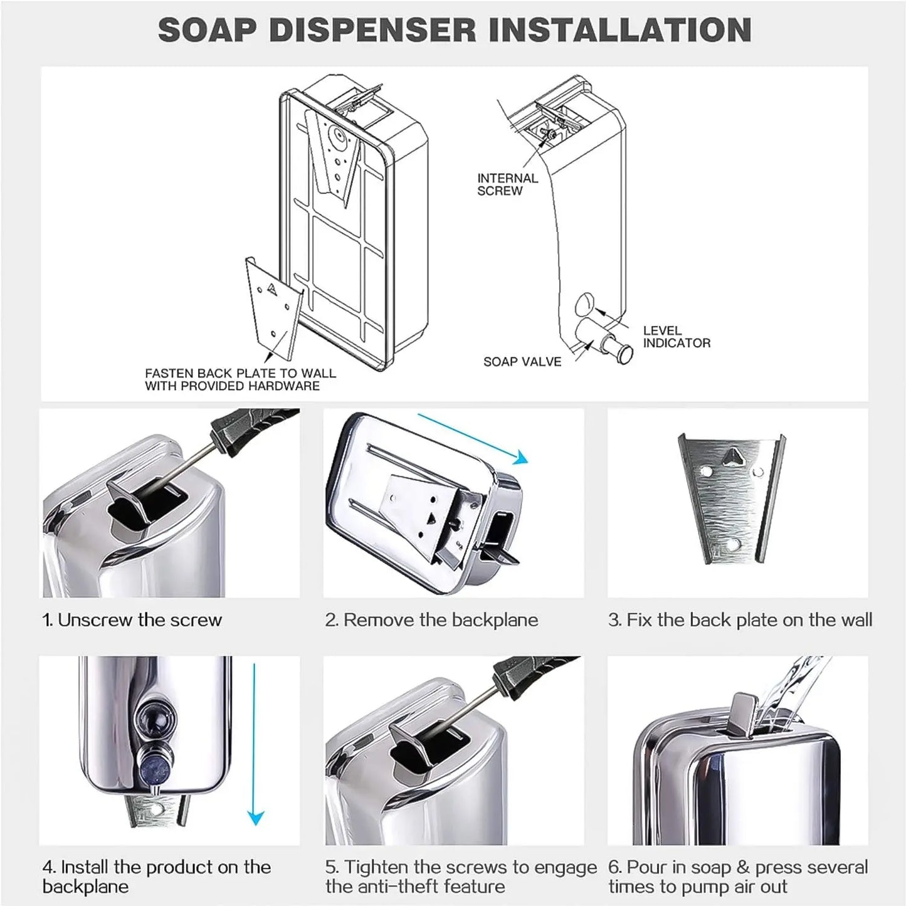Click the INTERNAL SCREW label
pos(507,184)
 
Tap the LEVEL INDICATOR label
pos(677,337)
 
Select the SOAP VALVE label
pos(522,362)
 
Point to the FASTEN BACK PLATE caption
pos(240,379)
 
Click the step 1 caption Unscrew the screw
pos(132,620)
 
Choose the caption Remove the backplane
pos(431,620)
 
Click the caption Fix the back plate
pos(740,620)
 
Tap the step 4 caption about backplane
pos(156,877)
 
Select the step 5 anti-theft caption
pos(460,877)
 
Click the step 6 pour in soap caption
pos(737,877)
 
